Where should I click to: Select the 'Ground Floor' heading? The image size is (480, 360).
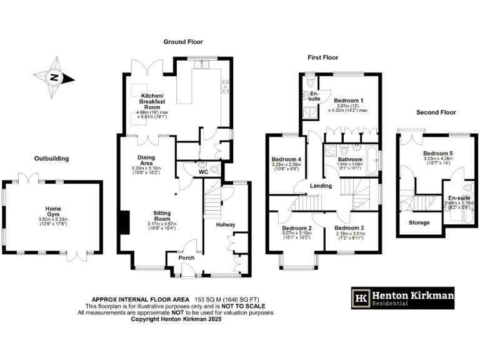(x=181, y=41)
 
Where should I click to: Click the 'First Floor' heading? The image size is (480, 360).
(x=323, y=57)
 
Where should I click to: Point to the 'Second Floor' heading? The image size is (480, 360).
(x=436, y=112)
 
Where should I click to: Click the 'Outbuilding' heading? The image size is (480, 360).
(x=51, y=159)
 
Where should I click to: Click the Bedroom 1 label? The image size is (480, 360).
(x=348, y=100)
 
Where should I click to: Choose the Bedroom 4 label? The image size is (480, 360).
(x=286, y=159)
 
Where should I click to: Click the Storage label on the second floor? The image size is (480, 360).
(x=419, y=222)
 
